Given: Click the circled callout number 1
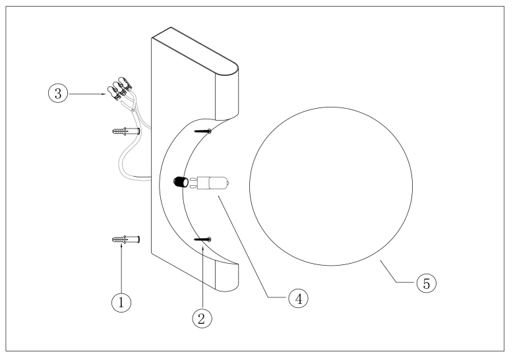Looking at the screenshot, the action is pyautogui.click(x=121, y=302).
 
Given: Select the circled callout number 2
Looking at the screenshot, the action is pyautogui.click(x=202, y=318).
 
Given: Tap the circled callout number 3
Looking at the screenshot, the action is pyautogui.click(x=58, y=94).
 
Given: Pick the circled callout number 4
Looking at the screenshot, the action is pyautogui.click(x=298, y=299).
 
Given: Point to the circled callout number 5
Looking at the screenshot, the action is pyautogui.click(x=427, y=283).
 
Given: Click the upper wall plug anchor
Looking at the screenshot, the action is pyautogui.click(x=126, y=131).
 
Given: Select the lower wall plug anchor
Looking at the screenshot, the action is pyautogui.click(x=126, y=239).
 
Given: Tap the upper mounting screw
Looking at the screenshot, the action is pyautogui.click(x=203, y=131).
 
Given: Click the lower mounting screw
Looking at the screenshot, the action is pyautogui.click(x=203, y=239).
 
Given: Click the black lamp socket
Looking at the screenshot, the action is pyautogui.click(x=181, y=182).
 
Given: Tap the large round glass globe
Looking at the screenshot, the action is pyautogui.click(x=331, y=186).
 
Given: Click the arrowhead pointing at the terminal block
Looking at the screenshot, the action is pyautogui.click(x=104, y=94).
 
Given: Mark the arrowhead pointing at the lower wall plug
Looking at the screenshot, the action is pyautogui.click(x=121, y=245).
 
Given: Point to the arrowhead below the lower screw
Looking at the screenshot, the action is pyautogui.click(x=203, y=249).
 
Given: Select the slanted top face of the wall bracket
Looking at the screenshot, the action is pyautogui.click(x=195, y=49).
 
